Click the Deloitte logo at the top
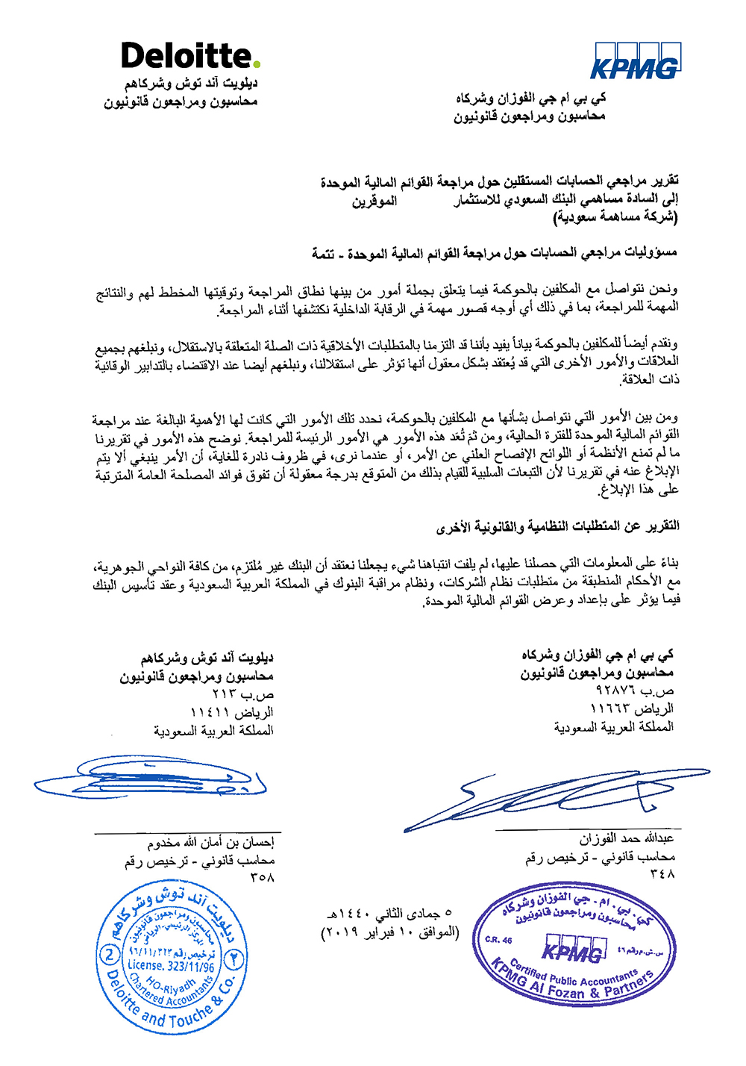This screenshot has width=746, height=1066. tap(190, 56)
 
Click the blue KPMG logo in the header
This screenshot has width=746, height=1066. tap(635, 61)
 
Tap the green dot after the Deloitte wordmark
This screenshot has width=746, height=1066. tap(256, 65)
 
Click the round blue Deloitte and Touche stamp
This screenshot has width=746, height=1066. tap(171, 956)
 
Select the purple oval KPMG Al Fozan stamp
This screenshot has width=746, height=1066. tap(574, 948)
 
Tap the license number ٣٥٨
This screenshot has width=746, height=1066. tap(263, 878)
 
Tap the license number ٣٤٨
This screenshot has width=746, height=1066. tap(662, 873)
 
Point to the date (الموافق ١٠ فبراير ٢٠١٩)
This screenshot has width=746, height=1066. tap(389, 932)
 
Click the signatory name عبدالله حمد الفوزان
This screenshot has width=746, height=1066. tap(627, 838)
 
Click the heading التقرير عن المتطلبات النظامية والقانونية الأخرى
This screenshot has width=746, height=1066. tap(557, 526)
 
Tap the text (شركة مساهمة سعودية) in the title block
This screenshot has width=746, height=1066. tap(615, 217)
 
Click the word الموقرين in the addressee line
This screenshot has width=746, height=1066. tap(374, 201)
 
